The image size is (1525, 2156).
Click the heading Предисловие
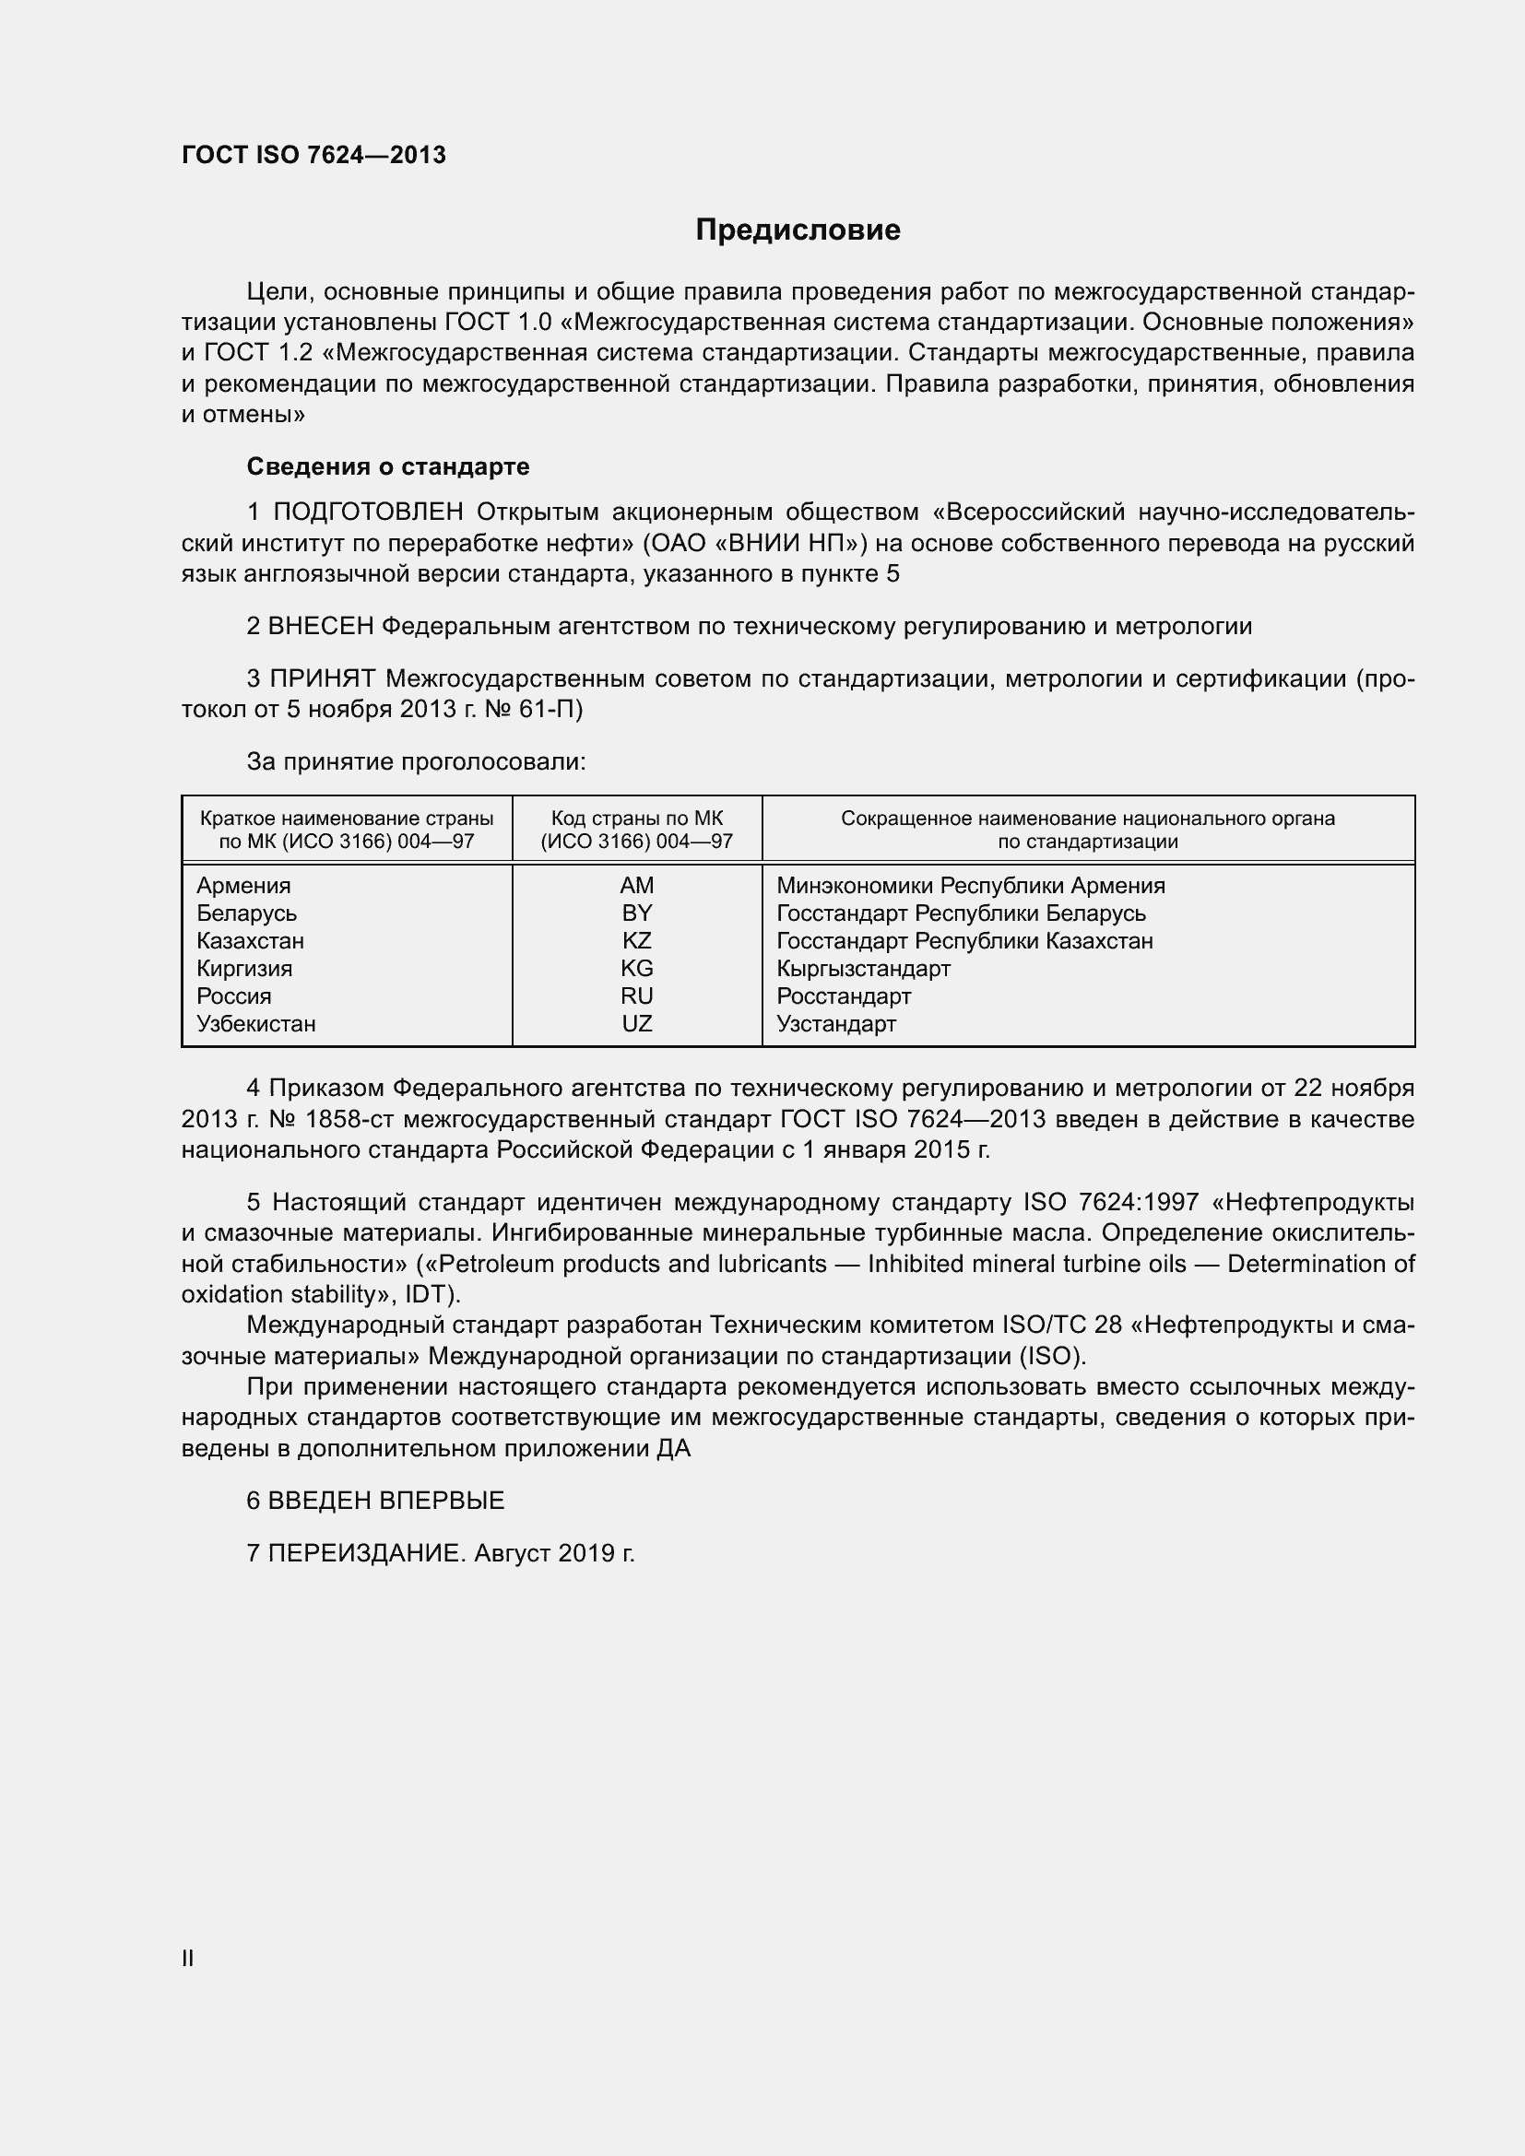tap(798, 230)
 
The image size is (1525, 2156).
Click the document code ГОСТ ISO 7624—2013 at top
tap(313, 155)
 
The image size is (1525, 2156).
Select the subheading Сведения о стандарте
tap(388, 466)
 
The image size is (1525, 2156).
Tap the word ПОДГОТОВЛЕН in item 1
tap(368, 512)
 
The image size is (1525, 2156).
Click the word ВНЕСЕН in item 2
tap(321, 626)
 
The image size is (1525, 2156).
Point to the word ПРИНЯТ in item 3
tap(323, 679)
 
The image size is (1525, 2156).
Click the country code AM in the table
tap(637, 886)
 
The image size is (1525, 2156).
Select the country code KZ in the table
tap(637, 941)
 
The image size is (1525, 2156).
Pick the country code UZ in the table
tap(637, 1023)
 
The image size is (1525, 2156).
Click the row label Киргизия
tap(244, 968)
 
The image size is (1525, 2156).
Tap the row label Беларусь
tap(246, 913)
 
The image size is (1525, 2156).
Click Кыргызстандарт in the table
tap(863, 968)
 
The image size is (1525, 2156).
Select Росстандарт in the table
tap(844, 996)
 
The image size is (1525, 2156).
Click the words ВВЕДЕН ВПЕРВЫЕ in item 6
tap(386, 1501)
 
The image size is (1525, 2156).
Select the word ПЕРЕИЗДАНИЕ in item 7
tap(366, 1553)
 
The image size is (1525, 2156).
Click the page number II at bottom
tap(188, 1959)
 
